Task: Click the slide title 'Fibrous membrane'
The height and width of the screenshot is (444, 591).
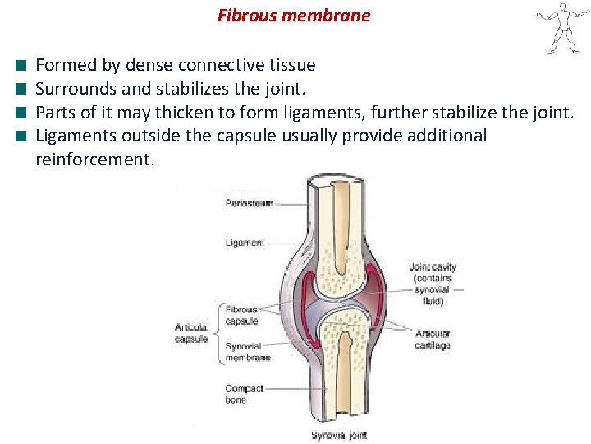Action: coord(294,16)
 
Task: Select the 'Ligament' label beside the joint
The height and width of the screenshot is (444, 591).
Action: coord(245,243)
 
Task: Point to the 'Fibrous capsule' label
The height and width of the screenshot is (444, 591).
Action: coord(241,315)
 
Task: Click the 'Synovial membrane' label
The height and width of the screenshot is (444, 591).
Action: coord(247,352)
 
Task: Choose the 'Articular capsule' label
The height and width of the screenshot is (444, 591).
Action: coord(191,333)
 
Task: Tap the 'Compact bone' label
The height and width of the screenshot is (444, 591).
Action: coord(244,394)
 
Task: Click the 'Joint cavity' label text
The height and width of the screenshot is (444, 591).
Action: coord(433,267)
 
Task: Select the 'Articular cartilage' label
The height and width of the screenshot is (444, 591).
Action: coord(433,339)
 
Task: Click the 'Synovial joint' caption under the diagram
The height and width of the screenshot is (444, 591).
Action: coord(338,436)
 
